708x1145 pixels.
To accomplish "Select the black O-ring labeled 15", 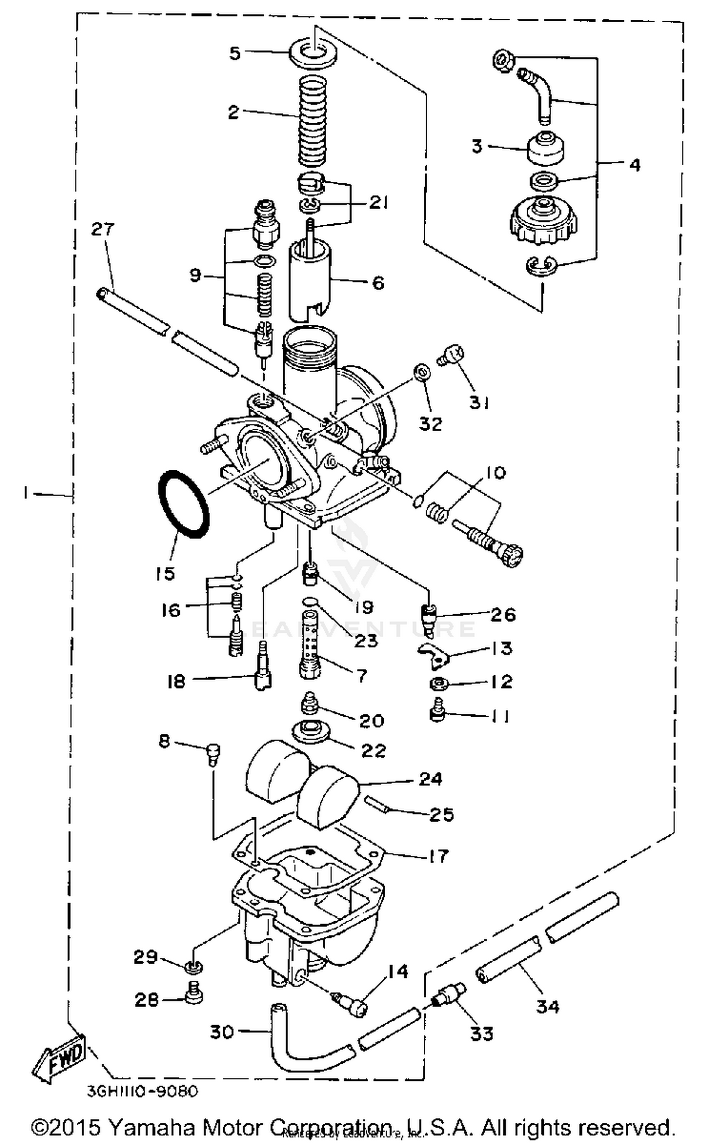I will pos(183,504).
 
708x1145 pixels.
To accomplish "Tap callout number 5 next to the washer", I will pos(235,53).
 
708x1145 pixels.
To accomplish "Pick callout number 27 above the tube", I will pos(103,229).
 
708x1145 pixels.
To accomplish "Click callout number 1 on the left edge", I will pos(26,493).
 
